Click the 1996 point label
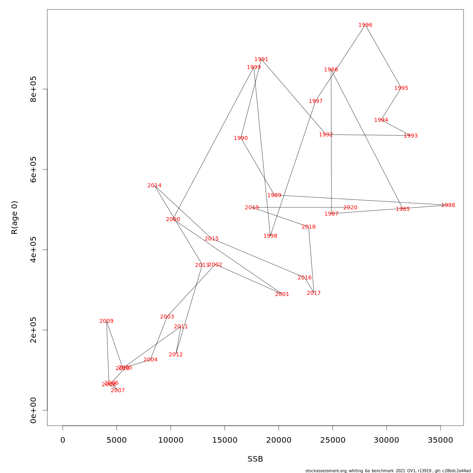[365, 25]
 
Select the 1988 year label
[448, 205]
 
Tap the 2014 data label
[155, 186]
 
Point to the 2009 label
[106, 321]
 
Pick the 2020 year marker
[350, 208]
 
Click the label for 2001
[282, 294]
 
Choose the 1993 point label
[410, 136]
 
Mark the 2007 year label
[118, 391]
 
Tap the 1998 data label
[270, 236]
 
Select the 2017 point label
[314, 293]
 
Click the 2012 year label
[176, 355]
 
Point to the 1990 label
[241, 138]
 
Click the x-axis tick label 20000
[279, 440]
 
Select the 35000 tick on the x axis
[440, 440]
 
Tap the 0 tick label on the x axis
[63, 440]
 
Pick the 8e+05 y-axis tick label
[34, 89]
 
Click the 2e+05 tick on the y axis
[34, 330]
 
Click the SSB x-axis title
[255, 459]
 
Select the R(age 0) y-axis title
[15, 218]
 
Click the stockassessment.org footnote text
[388, 471]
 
